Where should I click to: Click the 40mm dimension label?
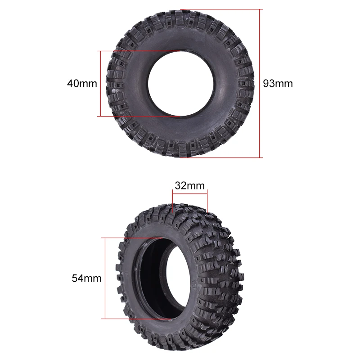click(82, 83)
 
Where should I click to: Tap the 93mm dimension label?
click(278, 83)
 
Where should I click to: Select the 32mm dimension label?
click(189, 185)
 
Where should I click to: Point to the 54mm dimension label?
click(87, 278)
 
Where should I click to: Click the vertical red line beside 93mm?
click(261, 83)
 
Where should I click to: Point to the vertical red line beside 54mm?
click(105, 278)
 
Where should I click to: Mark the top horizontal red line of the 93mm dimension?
click(220, 9)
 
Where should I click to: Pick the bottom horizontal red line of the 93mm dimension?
click(220, 157)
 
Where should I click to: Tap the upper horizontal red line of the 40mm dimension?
click(139, 51)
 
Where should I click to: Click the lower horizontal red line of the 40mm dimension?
click(139, 116)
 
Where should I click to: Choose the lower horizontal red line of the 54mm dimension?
click(135, 319)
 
